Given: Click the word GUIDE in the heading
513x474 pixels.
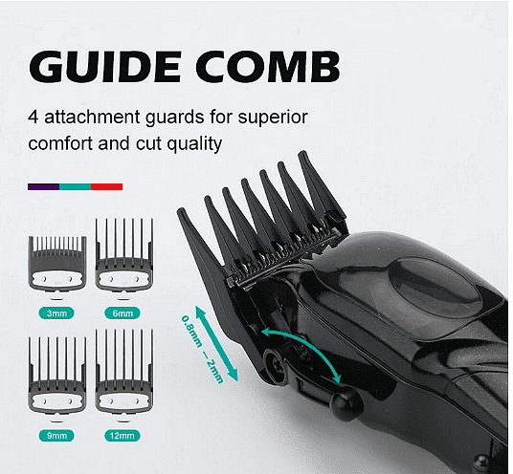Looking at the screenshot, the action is tap(104, 66).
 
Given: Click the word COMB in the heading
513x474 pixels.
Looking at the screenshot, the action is tap(268, 66).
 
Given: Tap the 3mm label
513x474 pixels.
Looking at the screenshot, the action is tap(56, 313).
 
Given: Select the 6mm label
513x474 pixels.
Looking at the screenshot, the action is tap(123, 313).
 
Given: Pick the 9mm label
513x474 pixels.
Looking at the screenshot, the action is tap(56, 436).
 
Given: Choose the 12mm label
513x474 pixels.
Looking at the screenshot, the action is tap(123, 436).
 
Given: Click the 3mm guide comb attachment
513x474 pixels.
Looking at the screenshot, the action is tap(57, 264).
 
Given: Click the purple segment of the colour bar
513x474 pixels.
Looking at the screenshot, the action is tap(43, 187).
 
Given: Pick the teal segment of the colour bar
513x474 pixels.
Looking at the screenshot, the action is tap(76, 187).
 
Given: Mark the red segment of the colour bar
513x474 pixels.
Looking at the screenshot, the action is tap(107, 187).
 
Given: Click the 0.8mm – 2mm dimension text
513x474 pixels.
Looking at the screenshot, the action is tap(202, 349).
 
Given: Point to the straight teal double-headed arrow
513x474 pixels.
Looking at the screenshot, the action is tap(216, 343).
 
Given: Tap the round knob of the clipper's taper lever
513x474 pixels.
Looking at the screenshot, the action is tap(346, 403).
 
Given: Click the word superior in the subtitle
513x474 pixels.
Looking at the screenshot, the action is tap(273, 118).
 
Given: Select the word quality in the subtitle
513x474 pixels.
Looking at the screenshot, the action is tap(194, 144).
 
